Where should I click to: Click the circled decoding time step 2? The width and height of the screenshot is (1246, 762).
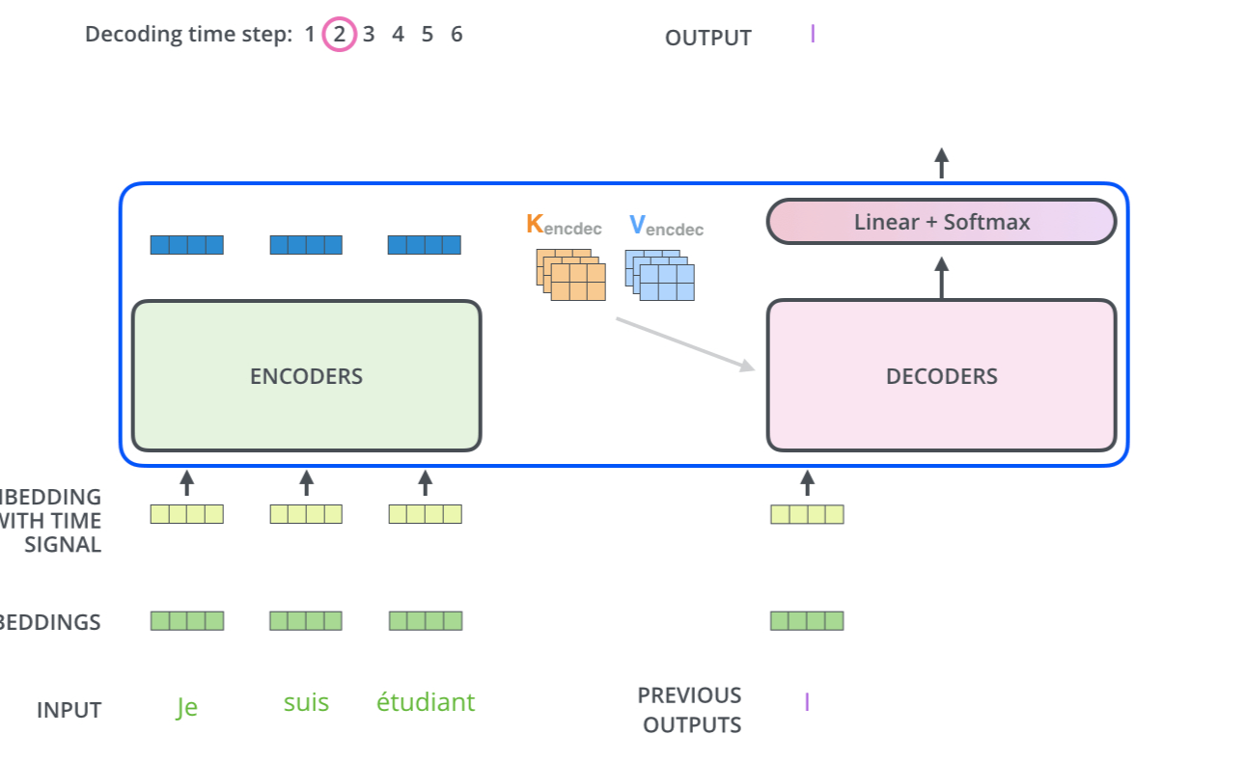click(339, 36)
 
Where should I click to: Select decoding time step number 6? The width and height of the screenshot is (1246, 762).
click(457, 35)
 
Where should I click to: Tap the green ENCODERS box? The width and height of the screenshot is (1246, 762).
click(306, 375)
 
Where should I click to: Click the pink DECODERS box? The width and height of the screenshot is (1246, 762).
click(941, 375)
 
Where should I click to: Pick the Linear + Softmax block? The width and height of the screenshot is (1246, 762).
click(941, 222)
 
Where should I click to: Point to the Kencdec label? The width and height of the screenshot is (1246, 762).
click(564, 226)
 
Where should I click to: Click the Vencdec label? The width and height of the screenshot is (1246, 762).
click(666, 227)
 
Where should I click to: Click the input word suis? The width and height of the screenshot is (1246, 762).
click(306, 702)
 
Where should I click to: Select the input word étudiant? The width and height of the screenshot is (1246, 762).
click(426, 702)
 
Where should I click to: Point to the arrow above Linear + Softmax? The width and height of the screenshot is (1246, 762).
click(941, 163)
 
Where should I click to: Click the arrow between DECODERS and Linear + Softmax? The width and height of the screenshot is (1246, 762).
click(941, 277)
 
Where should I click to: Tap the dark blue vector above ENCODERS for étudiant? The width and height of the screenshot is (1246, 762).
click(425, 245)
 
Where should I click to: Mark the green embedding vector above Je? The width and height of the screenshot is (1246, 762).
click(186, 620)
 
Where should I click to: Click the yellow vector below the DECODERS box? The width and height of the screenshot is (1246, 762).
click(807, 514)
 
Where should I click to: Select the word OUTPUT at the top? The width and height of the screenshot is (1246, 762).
click(707, 39)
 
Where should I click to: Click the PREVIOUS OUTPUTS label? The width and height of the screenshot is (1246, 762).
click(689, 710)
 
